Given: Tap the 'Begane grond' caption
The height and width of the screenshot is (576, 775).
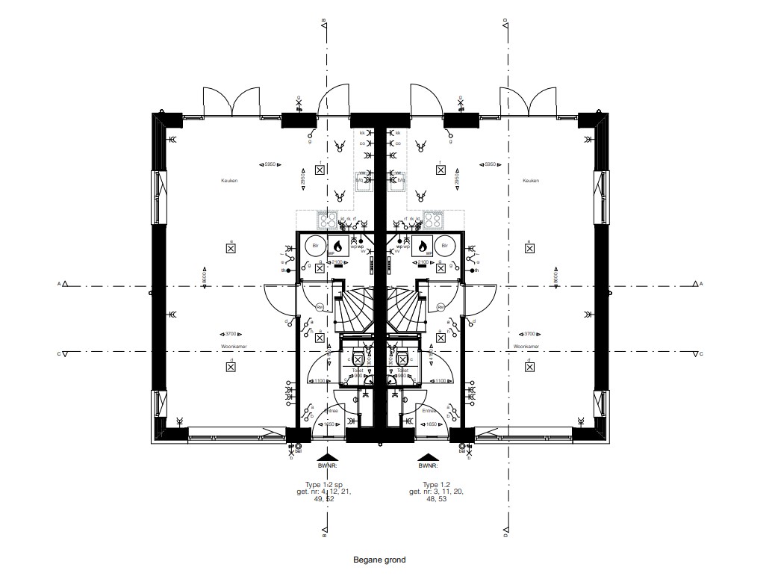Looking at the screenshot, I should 379,558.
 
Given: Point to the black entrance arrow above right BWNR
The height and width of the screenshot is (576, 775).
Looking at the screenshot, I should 428,456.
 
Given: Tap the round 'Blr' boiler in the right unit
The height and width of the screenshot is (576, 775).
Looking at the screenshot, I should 445,245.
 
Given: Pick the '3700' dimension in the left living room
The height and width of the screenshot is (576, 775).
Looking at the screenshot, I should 231,334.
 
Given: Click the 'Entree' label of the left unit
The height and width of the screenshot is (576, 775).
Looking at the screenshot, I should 331,410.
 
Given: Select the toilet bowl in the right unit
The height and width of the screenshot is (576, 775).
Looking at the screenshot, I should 402,356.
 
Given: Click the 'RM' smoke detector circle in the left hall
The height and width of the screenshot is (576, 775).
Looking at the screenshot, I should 319,306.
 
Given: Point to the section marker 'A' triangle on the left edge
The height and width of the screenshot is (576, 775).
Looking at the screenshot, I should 66,284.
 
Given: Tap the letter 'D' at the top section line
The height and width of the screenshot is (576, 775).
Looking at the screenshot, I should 505,21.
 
